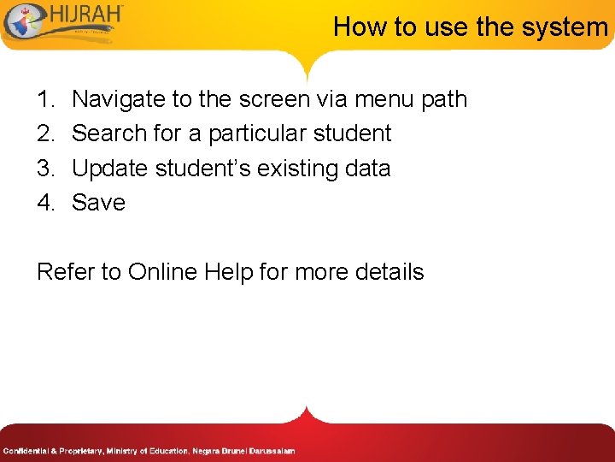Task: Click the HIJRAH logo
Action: (x=64, y=24)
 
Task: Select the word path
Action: (x=444, y=100)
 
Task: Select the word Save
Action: (x=98, y=203)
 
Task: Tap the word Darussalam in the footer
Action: (x=272, y=451)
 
